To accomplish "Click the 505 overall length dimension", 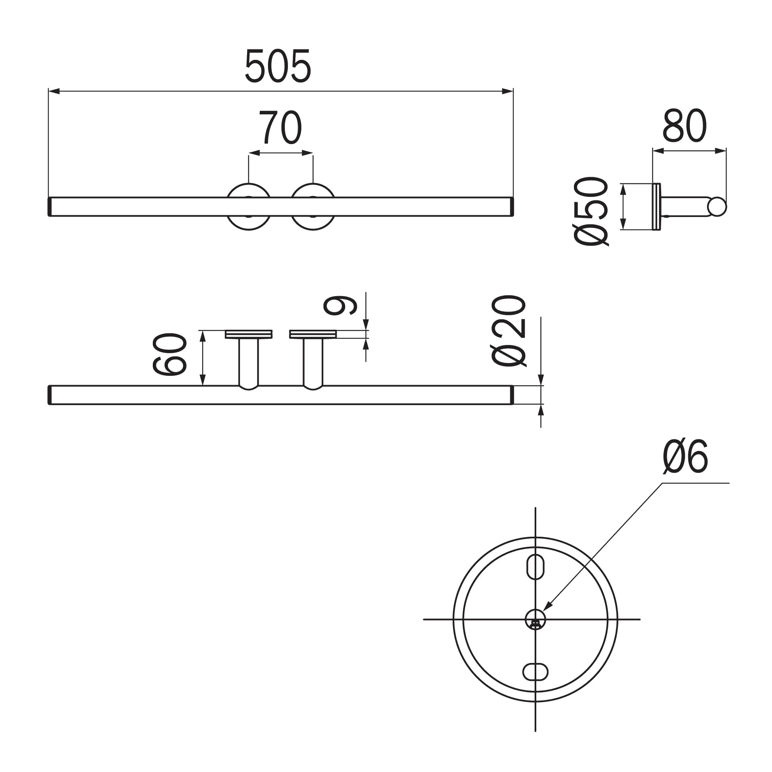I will pos(277,66).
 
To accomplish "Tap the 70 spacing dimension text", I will pos(280,127).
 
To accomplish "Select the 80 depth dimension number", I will pos(684,126).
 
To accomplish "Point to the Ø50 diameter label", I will pos(591,211).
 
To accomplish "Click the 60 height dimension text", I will pos(170,354).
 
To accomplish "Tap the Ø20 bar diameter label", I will pos(508,330).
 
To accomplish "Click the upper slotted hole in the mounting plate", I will pos(535,566).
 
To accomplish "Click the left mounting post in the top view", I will pos(249,362).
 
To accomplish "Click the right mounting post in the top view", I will pos(313,362).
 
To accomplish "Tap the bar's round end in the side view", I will pos(717,207).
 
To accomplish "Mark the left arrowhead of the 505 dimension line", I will pos(54,92).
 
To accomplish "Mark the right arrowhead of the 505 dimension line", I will pos(508,92).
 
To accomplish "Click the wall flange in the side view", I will pos(656,207).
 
